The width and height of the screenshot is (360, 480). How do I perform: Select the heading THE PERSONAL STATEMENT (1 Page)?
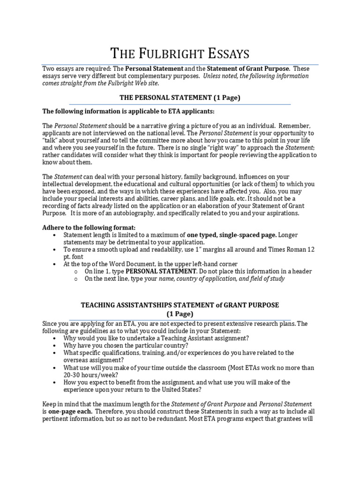[180, 98]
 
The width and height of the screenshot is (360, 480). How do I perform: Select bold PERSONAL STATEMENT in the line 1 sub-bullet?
[161, 271]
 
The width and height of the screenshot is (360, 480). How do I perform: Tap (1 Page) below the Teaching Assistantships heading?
[180, 314]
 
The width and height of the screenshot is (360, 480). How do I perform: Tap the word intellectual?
[60, 184]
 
